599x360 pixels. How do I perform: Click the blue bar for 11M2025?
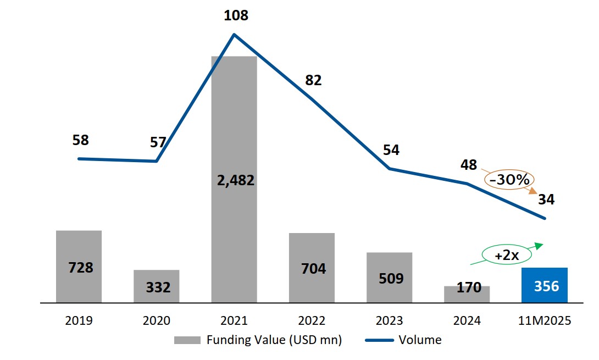tap(544, 285)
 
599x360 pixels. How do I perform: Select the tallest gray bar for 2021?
tap(234, 137)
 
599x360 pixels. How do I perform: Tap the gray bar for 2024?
tap(467, 295)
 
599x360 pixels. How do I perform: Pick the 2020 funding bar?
tap(156, 286)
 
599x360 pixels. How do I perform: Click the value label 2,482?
tap(234, 180)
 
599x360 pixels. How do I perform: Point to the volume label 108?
tap(236, 15)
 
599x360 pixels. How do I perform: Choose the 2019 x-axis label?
tap(79, 321)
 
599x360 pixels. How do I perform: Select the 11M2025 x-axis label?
tap(544, 321)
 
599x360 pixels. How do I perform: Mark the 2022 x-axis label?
tap(312, 321)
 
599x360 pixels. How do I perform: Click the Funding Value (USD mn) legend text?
tap(274, 340)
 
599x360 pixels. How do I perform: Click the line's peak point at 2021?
tap(235, 35)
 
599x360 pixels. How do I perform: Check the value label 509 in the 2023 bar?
tap(390, 279)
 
